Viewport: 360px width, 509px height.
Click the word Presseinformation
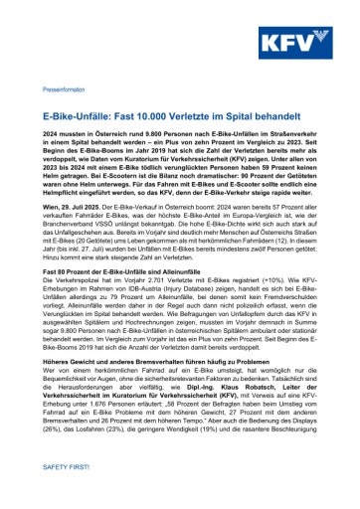pos(64,89)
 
